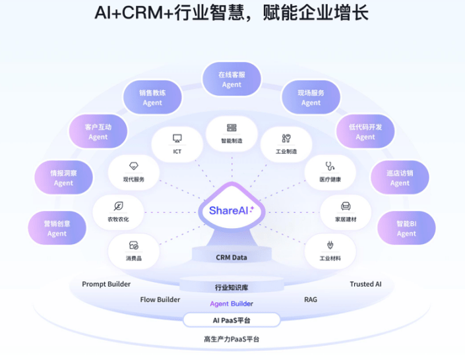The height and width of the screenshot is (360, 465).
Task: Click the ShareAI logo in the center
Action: pos(232,210)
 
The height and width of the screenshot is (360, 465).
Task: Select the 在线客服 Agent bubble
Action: pos(232,80)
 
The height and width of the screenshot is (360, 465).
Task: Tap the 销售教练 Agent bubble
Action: pos(152,98)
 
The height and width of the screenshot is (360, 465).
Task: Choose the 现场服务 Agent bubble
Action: pos(311,98)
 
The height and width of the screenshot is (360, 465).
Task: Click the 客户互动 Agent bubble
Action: pos(98,132)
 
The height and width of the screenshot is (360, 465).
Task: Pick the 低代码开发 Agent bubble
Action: pos(365,132)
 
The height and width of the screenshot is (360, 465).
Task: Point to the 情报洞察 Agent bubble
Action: pos(64,178)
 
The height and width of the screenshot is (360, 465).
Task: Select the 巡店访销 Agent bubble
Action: pos(400,178)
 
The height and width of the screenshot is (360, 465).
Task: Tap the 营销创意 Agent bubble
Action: pos(57,228)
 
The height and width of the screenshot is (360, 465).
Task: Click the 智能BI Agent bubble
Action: pos(406,228)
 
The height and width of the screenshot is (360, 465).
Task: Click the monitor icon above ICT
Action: pos(177,138)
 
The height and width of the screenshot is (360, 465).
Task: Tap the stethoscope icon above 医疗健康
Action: pos(330,167)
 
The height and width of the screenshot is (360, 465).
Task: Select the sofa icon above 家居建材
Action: pos(346,206)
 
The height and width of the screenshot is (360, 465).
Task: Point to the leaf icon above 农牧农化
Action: pos(118,206)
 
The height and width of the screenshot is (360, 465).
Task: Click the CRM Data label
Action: pos(232,257)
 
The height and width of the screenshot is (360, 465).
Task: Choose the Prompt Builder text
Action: pos(106,284)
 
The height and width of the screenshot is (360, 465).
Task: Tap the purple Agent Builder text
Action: pos(232,304)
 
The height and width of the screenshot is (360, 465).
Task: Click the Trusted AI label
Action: pos(365,284)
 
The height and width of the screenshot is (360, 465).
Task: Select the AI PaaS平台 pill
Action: pos(232,320)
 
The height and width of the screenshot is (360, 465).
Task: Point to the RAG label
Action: pos(311,299)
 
